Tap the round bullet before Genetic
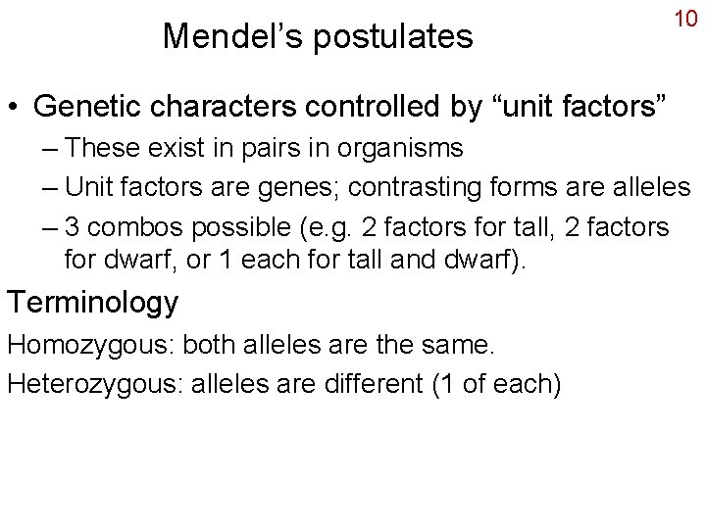pyautogui.click(x=17, y=107)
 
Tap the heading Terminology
pyautogui.click(x=93, y=302)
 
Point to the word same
pyautogui.click(x=461, y=345)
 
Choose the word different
pyautogui.click(x=356, y=384)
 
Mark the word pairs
pyautogui.click(x=268, y=149)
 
